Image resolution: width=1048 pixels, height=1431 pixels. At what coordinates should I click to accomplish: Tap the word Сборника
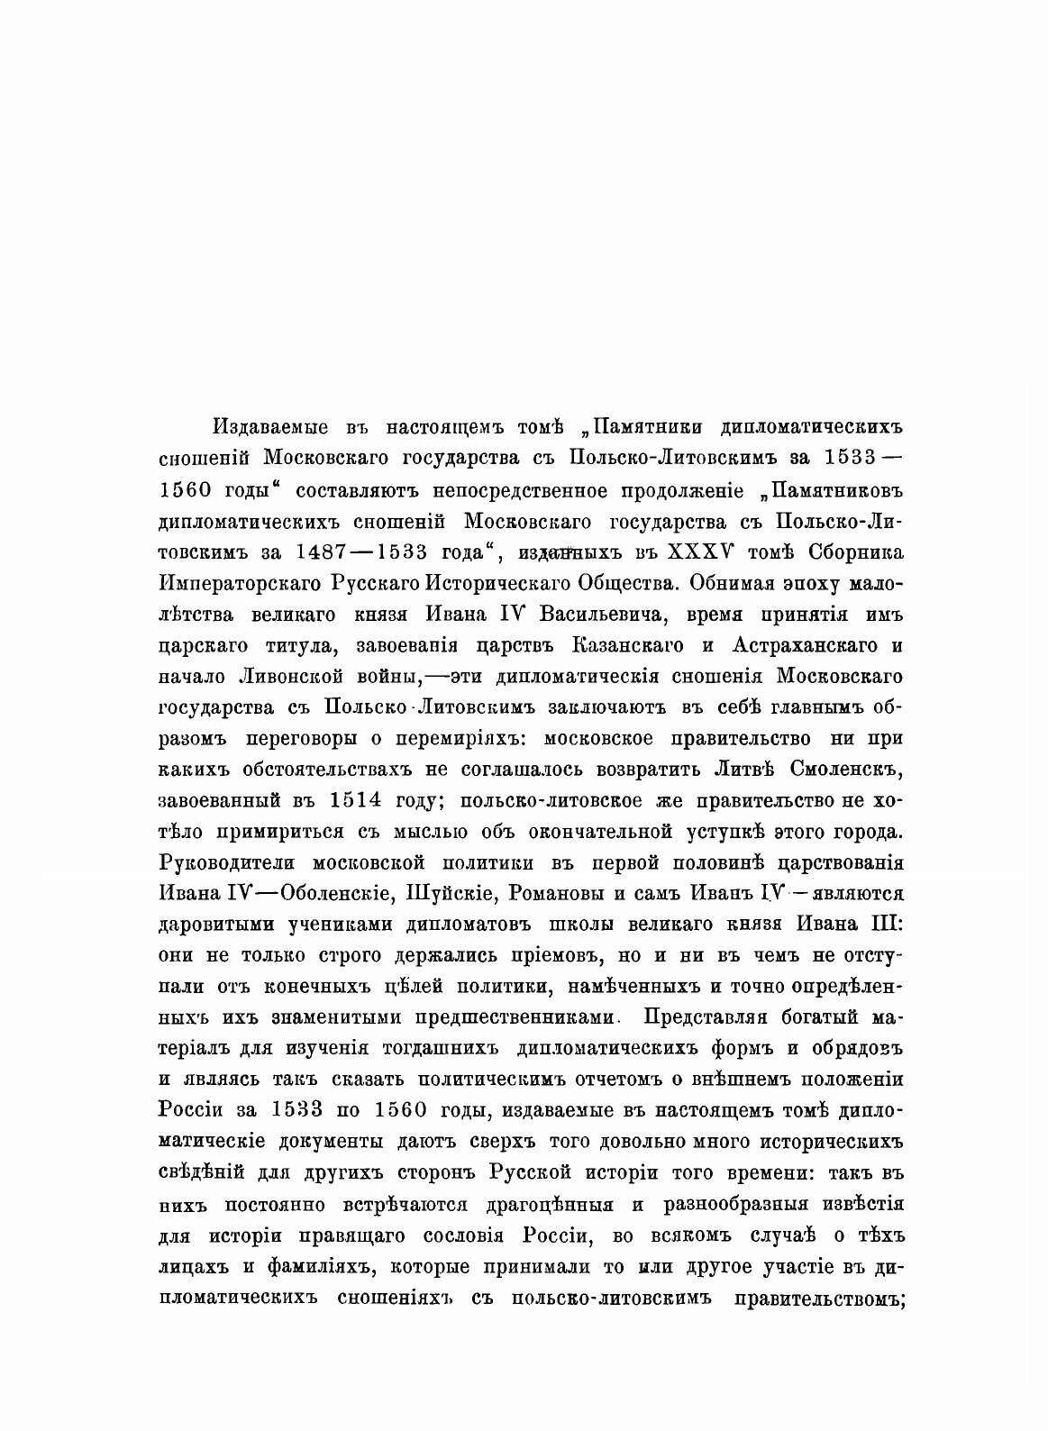[848, 551]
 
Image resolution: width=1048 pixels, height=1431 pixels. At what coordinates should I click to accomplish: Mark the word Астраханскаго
[803, 649]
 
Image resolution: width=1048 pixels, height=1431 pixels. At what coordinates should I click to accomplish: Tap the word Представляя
[702, 1035]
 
